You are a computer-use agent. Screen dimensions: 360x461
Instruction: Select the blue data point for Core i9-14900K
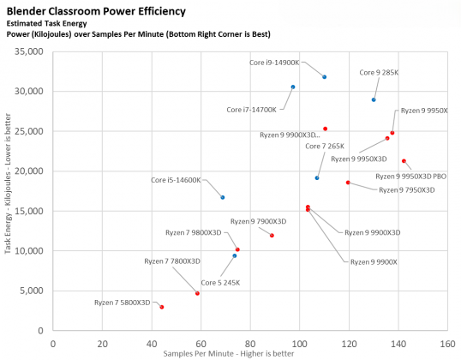pos(324,77)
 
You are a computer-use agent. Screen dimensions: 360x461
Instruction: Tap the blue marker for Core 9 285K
pos(374,99)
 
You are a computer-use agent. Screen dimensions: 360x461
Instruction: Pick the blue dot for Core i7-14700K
pos(293,87)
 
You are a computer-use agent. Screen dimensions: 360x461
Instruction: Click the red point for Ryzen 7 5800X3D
pos(162,307)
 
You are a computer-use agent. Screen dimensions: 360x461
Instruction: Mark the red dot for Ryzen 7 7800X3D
pos(197,293)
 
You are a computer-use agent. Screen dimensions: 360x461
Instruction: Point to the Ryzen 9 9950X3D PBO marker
pos(404,161)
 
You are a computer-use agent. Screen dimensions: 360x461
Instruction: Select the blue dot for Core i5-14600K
pos(223,197)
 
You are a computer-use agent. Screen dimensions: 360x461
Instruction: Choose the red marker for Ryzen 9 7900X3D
pos(272,236)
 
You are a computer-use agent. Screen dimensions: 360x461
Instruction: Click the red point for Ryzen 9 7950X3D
pos(348,183)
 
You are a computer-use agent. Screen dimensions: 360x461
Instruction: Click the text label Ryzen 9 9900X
pos(374,261)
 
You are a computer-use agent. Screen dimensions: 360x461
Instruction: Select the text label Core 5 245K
pos(221,282)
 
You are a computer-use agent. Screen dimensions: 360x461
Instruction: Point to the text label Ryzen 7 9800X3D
pos(191,232)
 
